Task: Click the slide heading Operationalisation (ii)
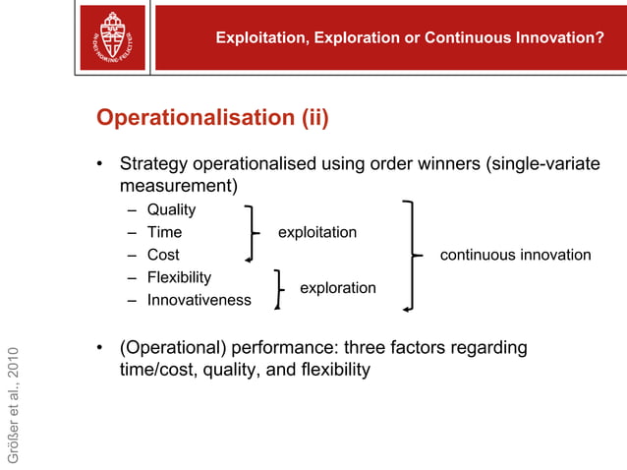212,119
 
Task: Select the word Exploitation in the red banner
259,38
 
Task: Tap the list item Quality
171,209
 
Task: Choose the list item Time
164,232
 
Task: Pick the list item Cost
163,255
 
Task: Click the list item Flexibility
179,277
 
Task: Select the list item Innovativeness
199,300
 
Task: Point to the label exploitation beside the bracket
316,232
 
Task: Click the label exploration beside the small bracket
337,288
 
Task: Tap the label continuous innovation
515,255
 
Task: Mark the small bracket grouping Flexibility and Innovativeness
280,289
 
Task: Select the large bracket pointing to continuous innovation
411,256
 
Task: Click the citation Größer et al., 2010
13,404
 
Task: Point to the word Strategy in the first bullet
151,163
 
